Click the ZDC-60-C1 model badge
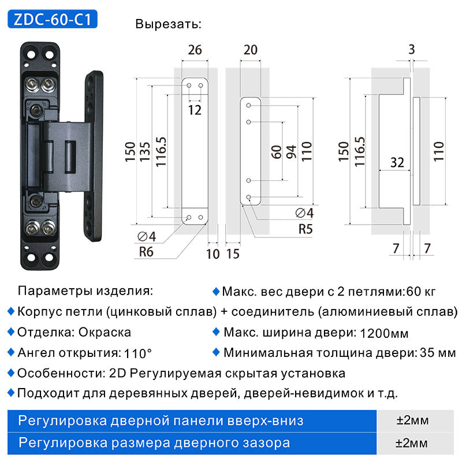pos(50,18)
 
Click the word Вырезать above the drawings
pos(168,24)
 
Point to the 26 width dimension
pos(195,50)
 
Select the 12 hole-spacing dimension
pos(195,109)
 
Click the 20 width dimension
pos(250,50)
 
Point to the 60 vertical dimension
pos(277,152)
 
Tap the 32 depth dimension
pos(396,163)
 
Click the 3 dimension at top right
pos(411,50)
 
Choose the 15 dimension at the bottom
pos(233,254)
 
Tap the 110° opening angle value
pos(138,353)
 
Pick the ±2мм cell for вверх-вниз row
pos(412,420)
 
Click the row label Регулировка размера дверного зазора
pos(154,444)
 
